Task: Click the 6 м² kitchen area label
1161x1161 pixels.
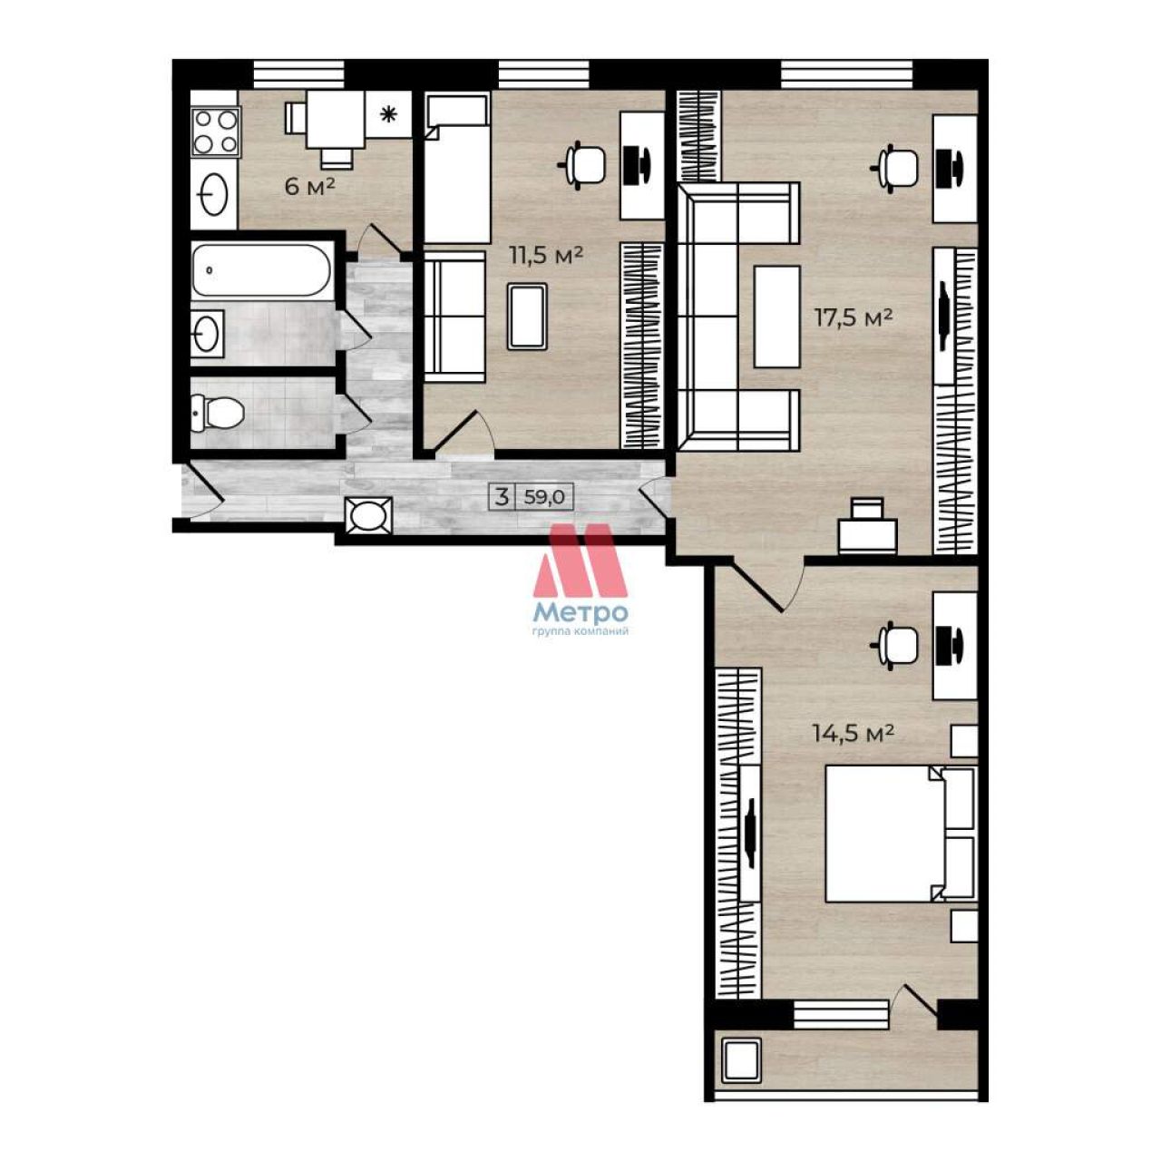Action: pyautogui.click(x=310, y=187)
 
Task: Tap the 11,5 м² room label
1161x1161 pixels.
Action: pyautogui.click(x=546, y=256)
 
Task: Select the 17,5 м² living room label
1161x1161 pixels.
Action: pyautogui.click(x=854, y=317)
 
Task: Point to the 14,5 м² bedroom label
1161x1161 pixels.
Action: pyautogui.click(x=853, y=733)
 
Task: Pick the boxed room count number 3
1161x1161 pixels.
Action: pyautogui.click(x=501, y=498)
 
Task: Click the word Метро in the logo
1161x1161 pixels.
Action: pyautogui.click(x=580, y=613)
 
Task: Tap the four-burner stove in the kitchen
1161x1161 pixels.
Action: pyautogui.click(x=216, y=132)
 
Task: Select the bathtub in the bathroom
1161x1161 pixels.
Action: pyautogui.click(x=261, y=270)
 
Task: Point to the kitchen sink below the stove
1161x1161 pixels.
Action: pyautogui.click(x=214, y=194)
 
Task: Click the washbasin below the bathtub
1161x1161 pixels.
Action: pyautogui.click(x=207, y=331)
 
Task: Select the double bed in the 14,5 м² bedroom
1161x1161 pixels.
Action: pyautogui.click(x=900, y=834)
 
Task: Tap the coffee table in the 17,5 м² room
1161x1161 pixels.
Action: pyautogui.click(x=776, y=317)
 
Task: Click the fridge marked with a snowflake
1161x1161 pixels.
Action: pyautogui.click(x=388, y=114)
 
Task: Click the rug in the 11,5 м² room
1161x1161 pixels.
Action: pyautogui.click(x=527, y=317)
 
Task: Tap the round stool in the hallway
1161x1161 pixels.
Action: pyautogui.click(x=369, y=516)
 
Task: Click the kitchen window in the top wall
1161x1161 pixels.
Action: pyautogui.click(x=298, y=73)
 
